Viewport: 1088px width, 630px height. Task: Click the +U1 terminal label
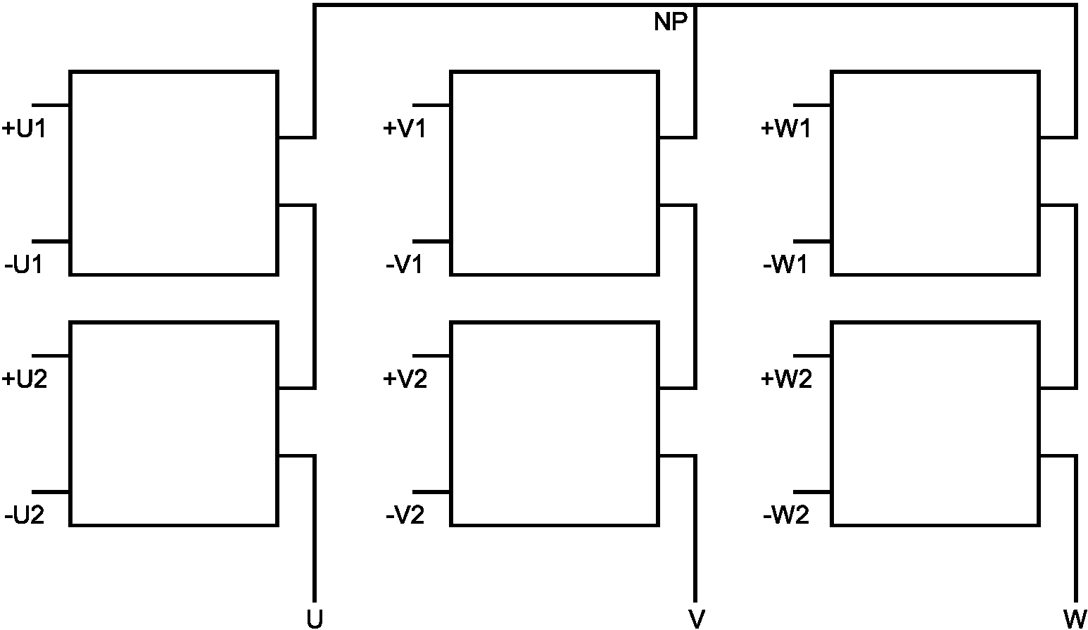click(x=24, y=129)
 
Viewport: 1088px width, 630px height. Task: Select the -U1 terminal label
click(x=24, y=265)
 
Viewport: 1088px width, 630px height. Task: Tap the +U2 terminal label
click(x=25, y=379)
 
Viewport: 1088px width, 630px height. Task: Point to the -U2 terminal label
click(x=25, y=515)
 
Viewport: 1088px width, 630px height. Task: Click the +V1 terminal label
click(x=405, y=129)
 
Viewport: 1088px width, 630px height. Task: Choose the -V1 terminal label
click(x=404, y=265)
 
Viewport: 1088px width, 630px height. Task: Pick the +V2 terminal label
click(x=405, y=379)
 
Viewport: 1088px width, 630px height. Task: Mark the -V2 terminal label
click(x=405, y=515)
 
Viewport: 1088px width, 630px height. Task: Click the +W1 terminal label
click(x=786, y=129)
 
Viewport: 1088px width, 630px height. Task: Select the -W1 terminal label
click(x=785, y=265)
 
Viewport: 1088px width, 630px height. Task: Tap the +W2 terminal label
click(x=786, y=379)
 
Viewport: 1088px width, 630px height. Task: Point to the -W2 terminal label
click(x=786, y=515)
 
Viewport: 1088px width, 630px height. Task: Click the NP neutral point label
click(x=671, y=22)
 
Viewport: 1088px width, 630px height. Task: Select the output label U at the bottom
click(x=315, y=619)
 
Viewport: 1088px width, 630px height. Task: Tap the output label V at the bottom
click(x=697, y=619)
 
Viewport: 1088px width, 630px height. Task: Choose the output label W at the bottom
click(x=1075, y=619)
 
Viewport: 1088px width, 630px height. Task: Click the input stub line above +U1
click(x=51, y=105)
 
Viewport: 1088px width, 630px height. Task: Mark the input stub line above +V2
click(x=432, y=356)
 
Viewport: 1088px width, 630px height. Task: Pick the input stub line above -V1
click(x=432, y=241)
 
